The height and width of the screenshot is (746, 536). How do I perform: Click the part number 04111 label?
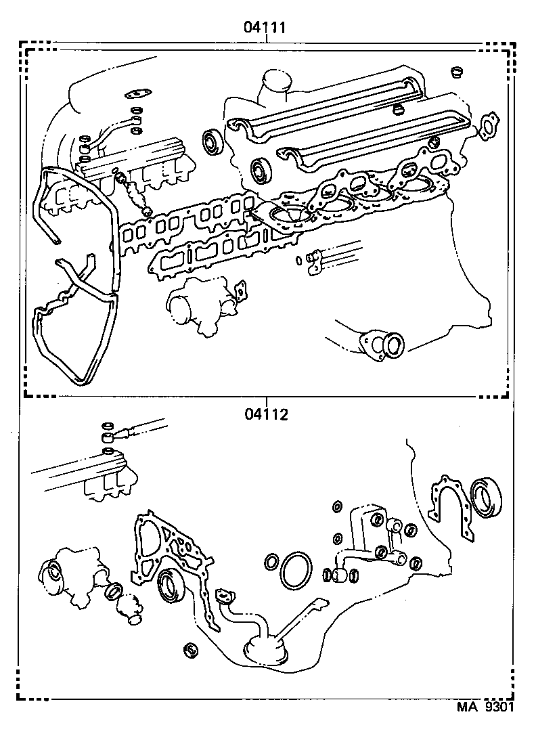267,28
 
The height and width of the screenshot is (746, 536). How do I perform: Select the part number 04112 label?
267,414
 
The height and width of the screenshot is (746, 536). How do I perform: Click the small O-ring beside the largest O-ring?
271,562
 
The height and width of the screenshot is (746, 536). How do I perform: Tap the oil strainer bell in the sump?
263,648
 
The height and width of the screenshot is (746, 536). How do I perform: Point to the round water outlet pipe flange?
385,344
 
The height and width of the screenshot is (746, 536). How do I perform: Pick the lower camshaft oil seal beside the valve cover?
260,171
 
